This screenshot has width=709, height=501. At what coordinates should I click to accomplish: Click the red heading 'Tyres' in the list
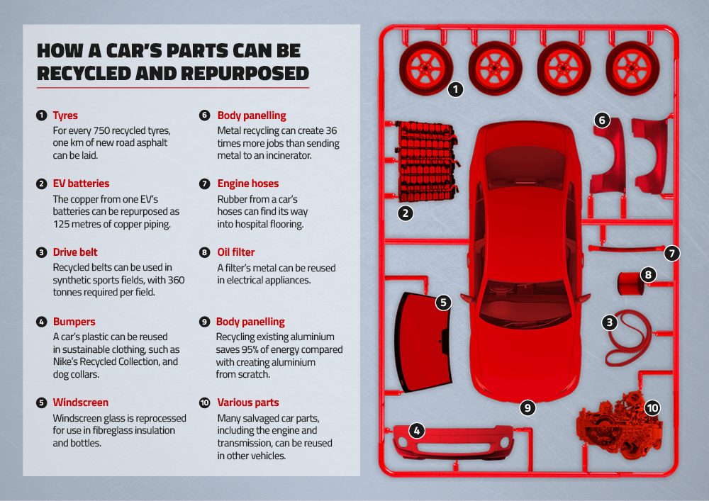[65, 116]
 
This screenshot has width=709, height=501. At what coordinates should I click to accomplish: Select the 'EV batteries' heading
[81, 184]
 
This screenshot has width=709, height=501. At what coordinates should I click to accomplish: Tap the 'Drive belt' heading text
[75, 252]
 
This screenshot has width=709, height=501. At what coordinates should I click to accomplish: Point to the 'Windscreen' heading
[80, 403]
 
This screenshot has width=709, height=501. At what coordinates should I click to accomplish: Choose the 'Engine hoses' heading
[248, 184]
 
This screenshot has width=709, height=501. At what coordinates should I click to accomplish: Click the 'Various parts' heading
[248, 403]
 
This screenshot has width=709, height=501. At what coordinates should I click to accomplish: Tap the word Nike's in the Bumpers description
[67, 361]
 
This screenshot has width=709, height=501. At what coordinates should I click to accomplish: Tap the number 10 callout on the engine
[652, 407]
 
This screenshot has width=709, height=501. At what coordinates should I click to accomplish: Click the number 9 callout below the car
[527, 407]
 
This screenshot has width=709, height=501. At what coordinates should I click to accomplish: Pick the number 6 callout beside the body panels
[601, 120]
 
